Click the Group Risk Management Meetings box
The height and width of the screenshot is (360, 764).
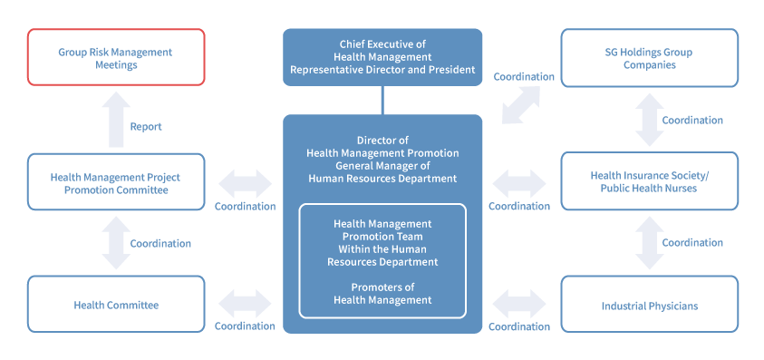click(x=116, y=57)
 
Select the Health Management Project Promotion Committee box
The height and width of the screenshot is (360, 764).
click(x=116, y=182)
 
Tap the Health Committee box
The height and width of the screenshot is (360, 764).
click(x=116, y=305)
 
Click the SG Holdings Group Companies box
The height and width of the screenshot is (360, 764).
click(x=650, y=58)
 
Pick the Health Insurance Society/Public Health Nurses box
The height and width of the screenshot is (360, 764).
click(x=650, y=181)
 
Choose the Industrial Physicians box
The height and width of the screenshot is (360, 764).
click(x=650, y=305)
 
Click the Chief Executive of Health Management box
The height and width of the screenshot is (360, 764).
click(x=382, y=57)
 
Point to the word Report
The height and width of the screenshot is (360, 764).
click(x=146, y=127)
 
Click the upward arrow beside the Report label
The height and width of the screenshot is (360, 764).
click(x=116, y=120)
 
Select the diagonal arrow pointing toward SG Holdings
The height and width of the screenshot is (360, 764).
click(x=521, y=105)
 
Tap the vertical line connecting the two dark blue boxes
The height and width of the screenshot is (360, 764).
click(x=382, y=100)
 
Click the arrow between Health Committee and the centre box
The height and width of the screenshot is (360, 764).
click(x=245, y=304)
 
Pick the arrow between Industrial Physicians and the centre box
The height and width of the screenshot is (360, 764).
click(x=519, y=304)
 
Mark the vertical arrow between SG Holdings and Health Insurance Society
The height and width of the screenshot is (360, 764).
click(x=650, y=120)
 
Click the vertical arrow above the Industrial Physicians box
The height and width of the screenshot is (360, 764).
click(x=650, y=243)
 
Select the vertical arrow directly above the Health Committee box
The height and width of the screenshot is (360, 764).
click(x=116, y=243)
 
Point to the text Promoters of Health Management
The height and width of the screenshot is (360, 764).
click(x=382, y=293)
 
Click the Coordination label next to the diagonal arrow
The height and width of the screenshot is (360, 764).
click(x=524, y=76)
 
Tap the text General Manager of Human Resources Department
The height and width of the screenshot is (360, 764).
click(x=382, y=172)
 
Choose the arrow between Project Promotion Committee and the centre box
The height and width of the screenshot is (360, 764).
click(x=245, y=184)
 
